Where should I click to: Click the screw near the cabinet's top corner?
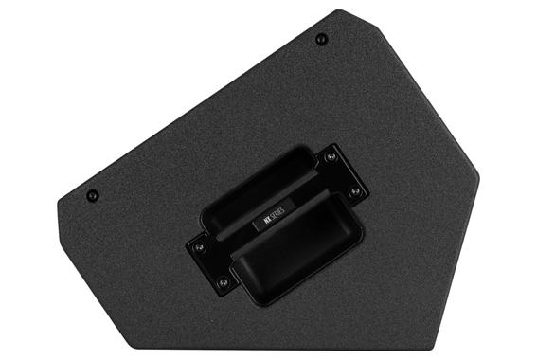(x=321, y=39)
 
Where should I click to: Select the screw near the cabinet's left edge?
(x=92, y=195)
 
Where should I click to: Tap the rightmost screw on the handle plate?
(x=354, y=192)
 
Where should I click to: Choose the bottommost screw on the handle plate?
(x=223, y=282)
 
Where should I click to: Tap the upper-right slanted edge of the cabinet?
(x=412, y=95)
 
